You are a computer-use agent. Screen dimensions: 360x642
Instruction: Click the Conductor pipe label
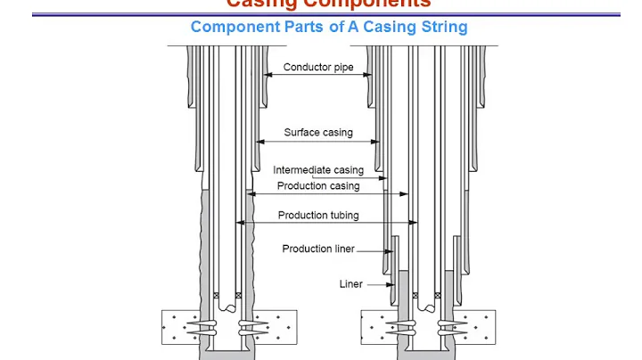[318, 67]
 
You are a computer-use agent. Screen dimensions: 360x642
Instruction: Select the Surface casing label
[318, 133]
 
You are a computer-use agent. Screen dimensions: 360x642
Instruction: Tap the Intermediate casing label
[318, 170]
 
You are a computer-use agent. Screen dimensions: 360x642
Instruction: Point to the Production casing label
[318, 186]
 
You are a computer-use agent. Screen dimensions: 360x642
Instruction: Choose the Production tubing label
[318, 215]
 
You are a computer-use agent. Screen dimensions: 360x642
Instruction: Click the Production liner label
[318, 249]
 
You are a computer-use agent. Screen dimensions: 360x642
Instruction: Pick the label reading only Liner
[350, 284]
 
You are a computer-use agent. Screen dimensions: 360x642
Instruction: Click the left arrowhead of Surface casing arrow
[259, 142]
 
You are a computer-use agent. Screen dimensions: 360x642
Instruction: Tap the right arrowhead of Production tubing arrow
[415, 223]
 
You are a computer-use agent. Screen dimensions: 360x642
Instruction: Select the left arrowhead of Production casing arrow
[251, 194]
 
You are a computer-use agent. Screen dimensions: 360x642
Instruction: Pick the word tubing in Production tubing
[343, 215]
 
